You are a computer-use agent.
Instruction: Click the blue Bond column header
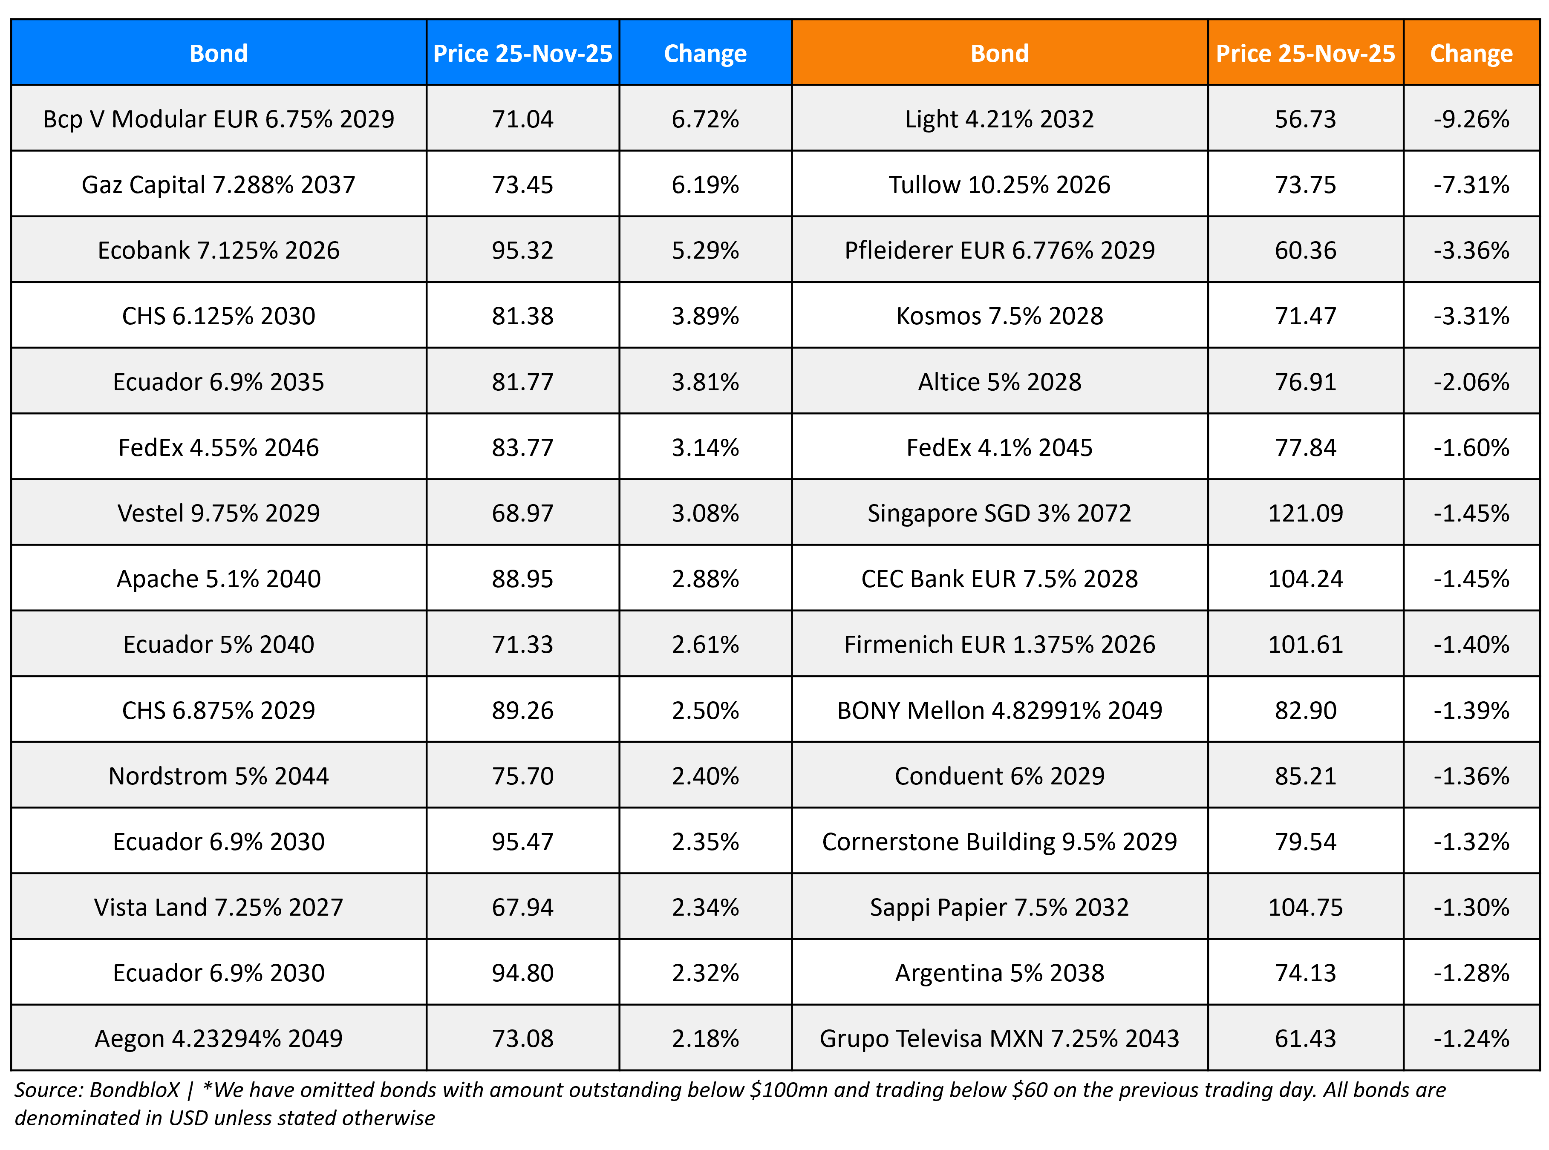(x=219, y=54)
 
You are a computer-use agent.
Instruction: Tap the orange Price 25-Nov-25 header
(x=1305, y=54)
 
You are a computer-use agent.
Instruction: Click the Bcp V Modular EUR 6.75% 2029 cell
(x=219, y=119)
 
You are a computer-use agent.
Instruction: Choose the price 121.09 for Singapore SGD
(x=1305, y=513)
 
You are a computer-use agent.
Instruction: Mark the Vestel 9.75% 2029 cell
(x=219, y=513)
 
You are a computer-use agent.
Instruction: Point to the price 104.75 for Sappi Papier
(x=1305, y=907)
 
